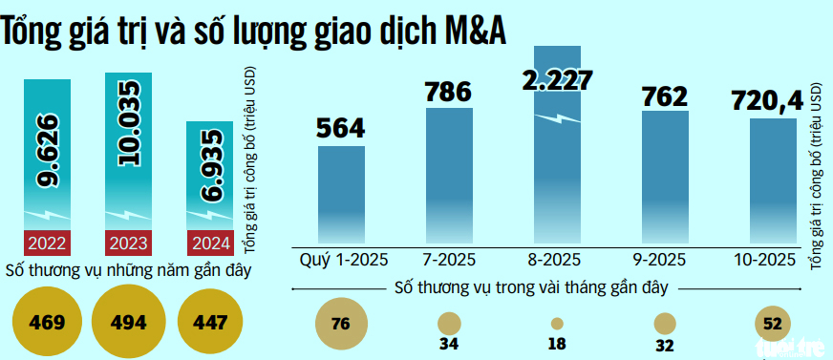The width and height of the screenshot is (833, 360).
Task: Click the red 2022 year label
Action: pos(46,242)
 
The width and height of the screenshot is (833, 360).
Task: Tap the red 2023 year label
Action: pos(127,242)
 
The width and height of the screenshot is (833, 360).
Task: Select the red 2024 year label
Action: pos(209,242)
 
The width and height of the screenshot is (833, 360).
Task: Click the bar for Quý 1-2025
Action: pos(341,196)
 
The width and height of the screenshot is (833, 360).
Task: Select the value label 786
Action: pos(448,93)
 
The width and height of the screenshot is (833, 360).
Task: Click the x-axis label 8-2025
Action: pos(557,260)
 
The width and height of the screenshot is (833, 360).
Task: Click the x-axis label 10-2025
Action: pos(773,260)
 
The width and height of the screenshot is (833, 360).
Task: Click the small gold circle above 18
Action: pos(557,324)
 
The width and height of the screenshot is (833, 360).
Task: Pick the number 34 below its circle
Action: pos(448,344)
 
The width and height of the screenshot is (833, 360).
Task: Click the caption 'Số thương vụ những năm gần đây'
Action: pos(128,270)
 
